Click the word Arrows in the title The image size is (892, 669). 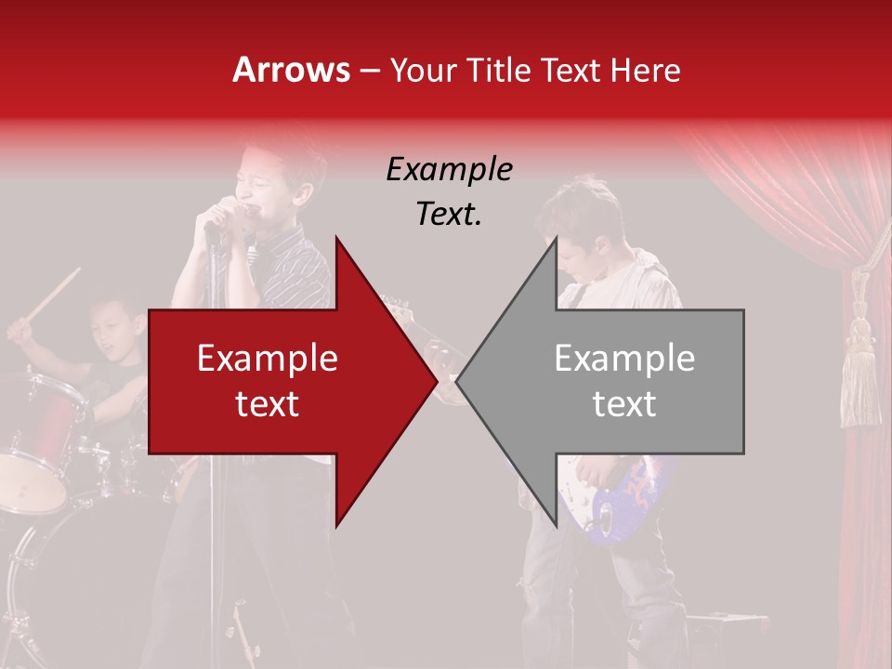pos(291,70)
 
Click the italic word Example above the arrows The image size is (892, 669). pos(449,170)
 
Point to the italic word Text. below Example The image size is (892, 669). pos(449,215)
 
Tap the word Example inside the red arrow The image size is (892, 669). pos(268,359)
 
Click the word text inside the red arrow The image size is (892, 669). pos(268,404)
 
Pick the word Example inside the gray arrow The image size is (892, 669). pos(624,359)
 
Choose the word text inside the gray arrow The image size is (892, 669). pos(624,404)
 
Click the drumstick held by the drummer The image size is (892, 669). pos(56,293)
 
